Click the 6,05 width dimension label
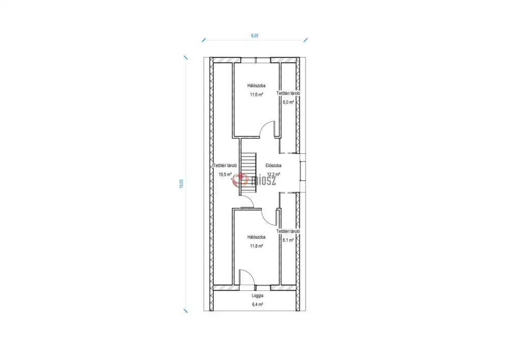click(254, 36)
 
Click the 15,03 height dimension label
click(182, 184)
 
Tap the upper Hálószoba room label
click(256, 86)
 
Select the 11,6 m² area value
click(256, 95)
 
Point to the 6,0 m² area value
click(288, 102)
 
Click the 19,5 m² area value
click(225, 174)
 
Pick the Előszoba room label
click(273, 165)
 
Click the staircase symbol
click(249, 174)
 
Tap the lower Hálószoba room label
click(256, 237)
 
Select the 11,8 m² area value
click(256, 246)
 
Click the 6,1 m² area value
click(288, 240)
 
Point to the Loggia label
click(258, 296)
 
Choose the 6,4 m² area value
click(258, 304)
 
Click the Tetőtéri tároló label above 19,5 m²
click(225, 165)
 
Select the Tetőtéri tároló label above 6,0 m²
click(288, 93)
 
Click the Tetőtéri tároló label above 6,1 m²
click(288, 232)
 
